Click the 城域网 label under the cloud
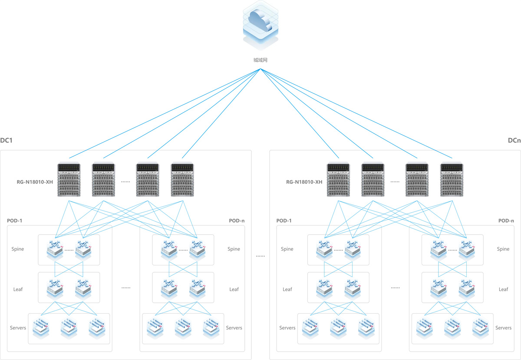[x=260, y=60]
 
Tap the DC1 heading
[x=6, y=141]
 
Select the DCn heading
[x=514, y=141]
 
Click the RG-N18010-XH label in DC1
[x=35, y=182]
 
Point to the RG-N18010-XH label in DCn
[x=304, y=182]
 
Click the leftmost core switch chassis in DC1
[x=70, y=180]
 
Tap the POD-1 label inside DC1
[x=15, y=221]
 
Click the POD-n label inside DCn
[x=506, y=221]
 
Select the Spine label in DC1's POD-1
[x=18, y=249]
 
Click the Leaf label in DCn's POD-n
[x=503, y=289]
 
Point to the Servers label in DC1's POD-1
[x=18, y=328]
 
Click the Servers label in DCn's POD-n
[x=503, y=328]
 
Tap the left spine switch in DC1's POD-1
[x=55, y=248]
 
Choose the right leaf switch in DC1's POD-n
[x=197, y=287]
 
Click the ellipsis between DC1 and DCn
[x=260, y=256]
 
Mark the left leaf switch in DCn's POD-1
[x=324, y=287]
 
